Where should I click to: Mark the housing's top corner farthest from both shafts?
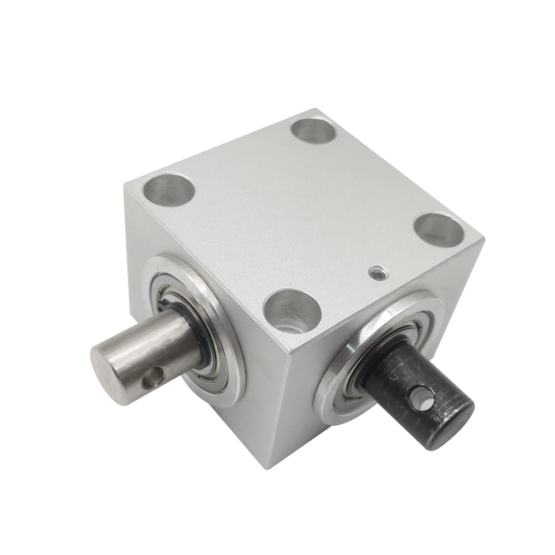click(x=318, y=109)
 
